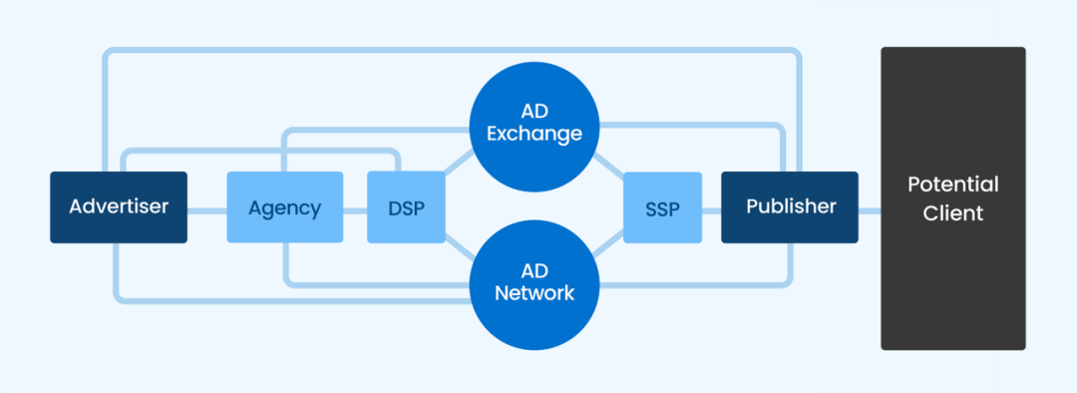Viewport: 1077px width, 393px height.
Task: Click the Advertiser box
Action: [x=119, y=206]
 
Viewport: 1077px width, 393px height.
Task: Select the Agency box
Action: [x=285, y=206]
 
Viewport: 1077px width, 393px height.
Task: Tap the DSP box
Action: [x=406, y=206]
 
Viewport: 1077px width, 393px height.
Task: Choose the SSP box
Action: [x=663, y=206]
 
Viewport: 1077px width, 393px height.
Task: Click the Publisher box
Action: [x=790, y=206]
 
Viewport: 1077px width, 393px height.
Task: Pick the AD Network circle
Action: [x=535, y=285]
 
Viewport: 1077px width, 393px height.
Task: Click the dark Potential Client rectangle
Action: [x=953, y=198]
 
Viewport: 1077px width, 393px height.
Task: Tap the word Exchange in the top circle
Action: [x=535, y=134]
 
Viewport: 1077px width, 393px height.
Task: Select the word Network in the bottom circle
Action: [x=535, y=294]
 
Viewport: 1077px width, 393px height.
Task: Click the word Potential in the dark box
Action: [x=953, y=185]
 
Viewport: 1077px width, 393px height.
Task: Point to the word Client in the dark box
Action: [x=953, y=213]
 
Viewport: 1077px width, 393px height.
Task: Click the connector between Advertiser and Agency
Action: [x=206, y=209]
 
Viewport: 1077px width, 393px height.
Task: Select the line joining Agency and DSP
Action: [x=355, y=209]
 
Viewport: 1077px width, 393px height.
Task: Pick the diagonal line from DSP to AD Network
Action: [x=460, y=248]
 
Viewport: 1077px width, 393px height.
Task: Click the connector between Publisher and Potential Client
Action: [x=870, y=209]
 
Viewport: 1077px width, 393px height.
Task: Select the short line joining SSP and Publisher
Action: [x=712, y=209]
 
